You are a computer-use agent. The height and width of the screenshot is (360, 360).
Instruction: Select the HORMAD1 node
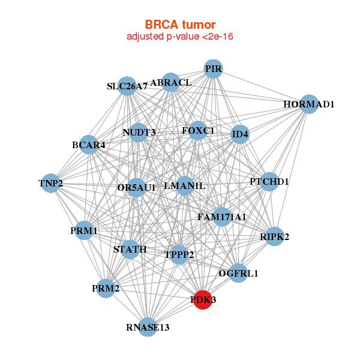[x=308, y=104]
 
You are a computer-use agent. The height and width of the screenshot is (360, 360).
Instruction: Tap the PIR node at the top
[x=214, y=69]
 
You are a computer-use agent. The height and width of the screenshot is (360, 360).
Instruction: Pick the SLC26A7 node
[x=127, y=86]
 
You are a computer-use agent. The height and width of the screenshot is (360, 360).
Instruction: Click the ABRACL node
[x=171, y=82]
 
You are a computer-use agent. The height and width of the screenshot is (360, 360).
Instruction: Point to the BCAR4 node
[x=89, y=145]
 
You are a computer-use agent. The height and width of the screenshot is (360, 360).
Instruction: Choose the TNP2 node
[x=51, y=183]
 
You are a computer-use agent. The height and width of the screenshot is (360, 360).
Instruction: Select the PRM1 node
[x=84, y=230]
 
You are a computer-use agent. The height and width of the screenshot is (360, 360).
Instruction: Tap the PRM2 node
[x=106, y=289]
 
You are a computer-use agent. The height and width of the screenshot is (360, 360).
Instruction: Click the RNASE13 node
[x=148, y=327]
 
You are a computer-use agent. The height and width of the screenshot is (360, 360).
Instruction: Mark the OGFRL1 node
[x=238, y=274]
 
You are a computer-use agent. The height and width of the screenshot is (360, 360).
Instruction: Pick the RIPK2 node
[x=275, y=236]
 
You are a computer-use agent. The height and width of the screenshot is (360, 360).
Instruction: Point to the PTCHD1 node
[x=269, y=181]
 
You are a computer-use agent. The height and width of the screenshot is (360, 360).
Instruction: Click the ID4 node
[x=239, y=134]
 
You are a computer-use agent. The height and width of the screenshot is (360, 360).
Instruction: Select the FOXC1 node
[x=198, y=130]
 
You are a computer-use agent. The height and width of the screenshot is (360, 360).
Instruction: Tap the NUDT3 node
[x=139, y=133]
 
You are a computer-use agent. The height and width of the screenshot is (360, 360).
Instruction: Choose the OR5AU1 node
[x=137, y=188]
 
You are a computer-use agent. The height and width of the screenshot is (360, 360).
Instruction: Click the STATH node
[x=130, y=249]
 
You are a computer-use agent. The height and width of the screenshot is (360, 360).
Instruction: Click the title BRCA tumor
[x=180, y=25]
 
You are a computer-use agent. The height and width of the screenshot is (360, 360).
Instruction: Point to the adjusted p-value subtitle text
[x=180, y=37]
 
